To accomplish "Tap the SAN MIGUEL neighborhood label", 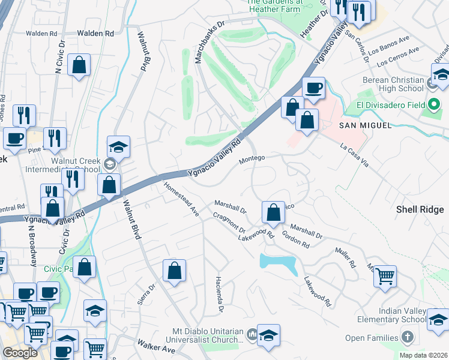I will point(365,125).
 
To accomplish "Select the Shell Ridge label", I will point(420,209).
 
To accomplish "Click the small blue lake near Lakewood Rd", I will point(279,263).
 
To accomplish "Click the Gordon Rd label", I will point(295,240).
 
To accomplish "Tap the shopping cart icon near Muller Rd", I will point(385,275).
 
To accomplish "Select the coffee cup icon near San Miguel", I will point(313,88).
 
